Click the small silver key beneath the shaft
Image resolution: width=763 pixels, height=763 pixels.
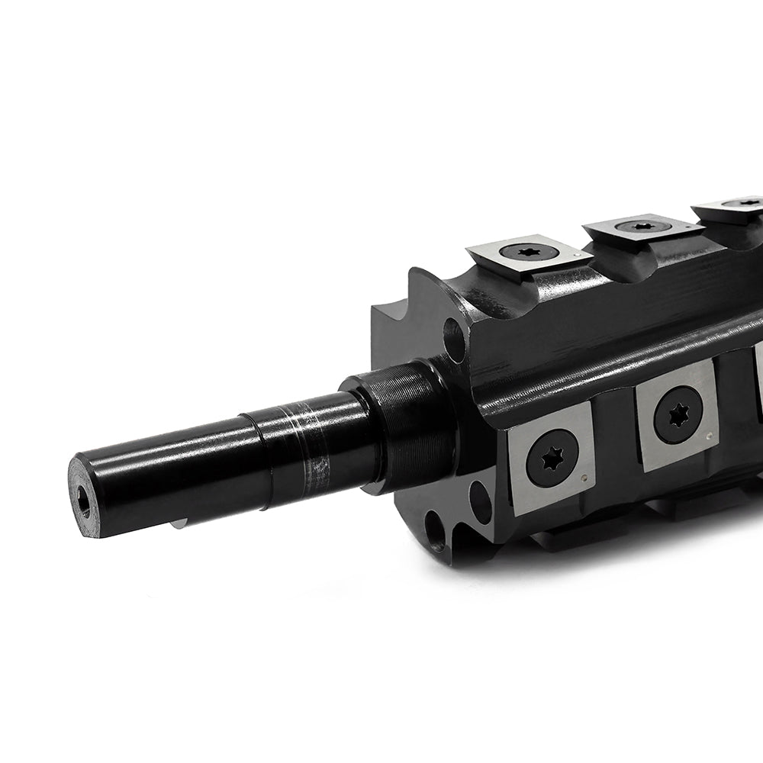click(x=179, y=523)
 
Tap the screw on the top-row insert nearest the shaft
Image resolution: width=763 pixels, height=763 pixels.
click(x=526, y=251)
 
